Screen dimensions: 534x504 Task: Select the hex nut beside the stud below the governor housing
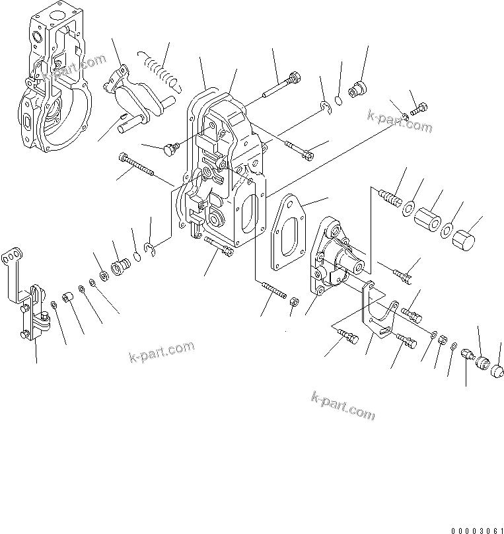[x=295, y=303]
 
